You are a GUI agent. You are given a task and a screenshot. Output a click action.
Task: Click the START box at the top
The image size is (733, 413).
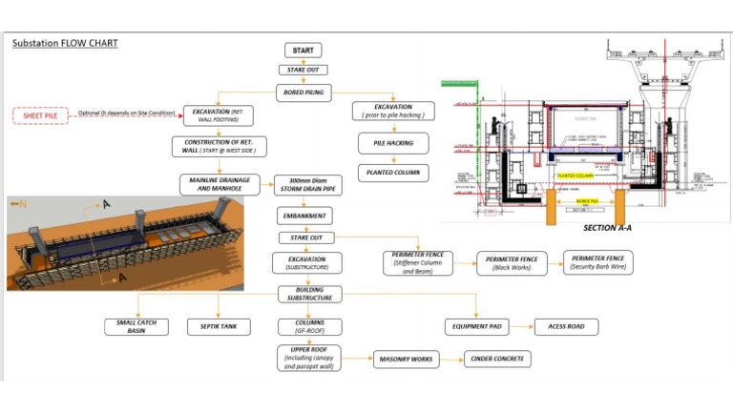303,50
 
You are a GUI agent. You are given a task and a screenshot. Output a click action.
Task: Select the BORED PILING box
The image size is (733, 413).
303,93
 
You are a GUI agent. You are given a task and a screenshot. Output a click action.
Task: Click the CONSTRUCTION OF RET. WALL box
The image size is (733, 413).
218,147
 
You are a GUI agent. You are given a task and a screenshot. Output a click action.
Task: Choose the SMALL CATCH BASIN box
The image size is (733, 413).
137,327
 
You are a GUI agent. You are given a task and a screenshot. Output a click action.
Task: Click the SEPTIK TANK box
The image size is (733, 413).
220,327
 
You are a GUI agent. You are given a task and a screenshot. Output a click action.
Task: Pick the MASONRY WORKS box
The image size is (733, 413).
406,359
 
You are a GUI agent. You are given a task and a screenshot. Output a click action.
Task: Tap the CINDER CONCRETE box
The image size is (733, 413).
496,359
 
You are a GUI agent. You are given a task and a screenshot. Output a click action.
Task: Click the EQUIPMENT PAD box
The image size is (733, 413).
476,327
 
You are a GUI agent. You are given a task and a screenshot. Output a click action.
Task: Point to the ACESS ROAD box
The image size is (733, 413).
566,327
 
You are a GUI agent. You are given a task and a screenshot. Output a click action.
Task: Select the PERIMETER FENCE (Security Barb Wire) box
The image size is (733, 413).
597,262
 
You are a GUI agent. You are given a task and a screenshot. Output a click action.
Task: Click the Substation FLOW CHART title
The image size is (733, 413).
64,43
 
